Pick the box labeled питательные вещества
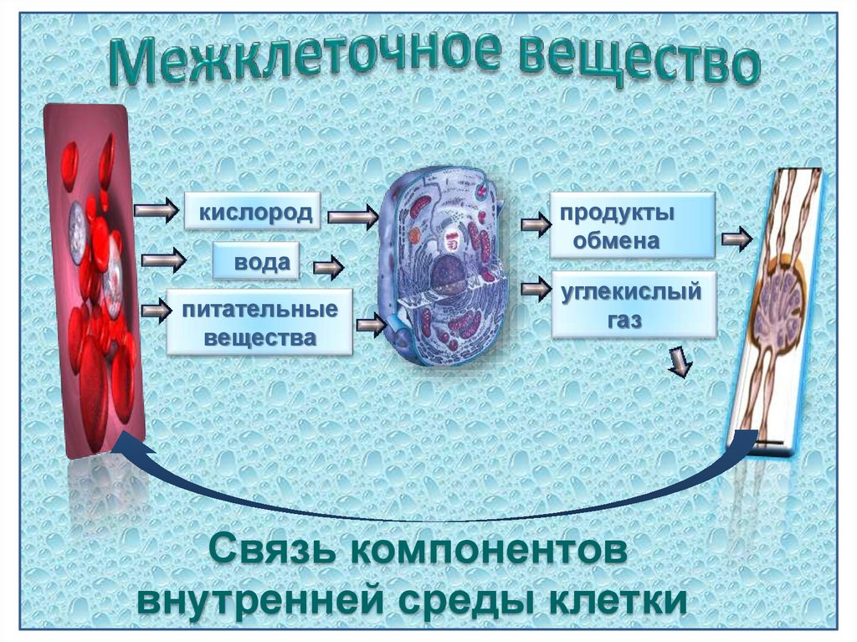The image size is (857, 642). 259,323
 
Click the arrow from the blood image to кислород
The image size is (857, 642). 156,209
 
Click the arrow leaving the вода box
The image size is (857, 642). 329,269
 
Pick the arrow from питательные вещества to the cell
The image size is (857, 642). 369,323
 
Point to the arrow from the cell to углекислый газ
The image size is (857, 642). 533,290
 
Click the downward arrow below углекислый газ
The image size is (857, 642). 681,362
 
